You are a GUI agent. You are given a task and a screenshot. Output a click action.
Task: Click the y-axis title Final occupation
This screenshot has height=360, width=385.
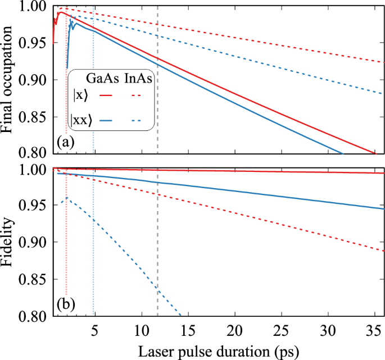[x=8, y=79]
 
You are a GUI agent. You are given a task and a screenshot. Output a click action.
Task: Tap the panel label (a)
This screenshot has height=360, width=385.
[x=66, y=143]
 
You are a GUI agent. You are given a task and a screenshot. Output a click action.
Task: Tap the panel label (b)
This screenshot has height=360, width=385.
[x=66, y=307]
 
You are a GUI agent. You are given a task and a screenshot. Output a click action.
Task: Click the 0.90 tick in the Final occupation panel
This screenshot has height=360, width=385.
[x=37, y=80]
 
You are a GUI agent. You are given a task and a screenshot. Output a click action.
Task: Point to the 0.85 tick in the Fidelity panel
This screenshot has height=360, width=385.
[x=37, y=280]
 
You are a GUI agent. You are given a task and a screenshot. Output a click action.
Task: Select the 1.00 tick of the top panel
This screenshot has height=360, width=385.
[x=37, y=7]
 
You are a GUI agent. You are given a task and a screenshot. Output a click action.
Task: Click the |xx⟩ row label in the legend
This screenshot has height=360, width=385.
[x=81, y=120]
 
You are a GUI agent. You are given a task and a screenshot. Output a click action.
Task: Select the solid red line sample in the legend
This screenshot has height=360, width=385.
[x=105, y=96]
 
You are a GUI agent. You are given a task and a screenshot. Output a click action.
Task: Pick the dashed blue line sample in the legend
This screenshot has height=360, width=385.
[x=138, y=120]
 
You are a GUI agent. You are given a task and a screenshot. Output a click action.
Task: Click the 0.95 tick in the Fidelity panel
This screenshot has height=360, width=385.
[x=37, y=206]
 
